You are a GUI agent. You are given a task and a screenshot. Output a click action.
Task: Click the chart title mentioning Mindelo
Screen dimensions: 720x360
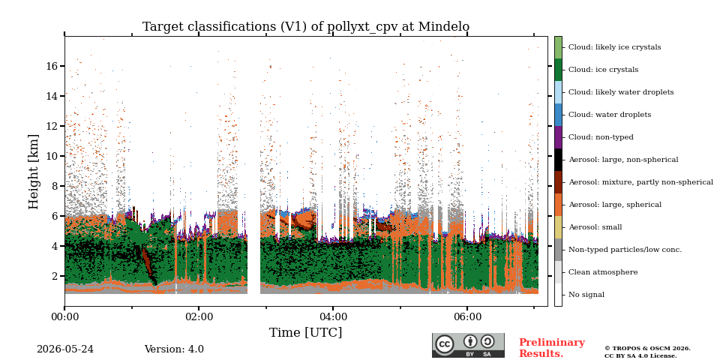coord(306,27)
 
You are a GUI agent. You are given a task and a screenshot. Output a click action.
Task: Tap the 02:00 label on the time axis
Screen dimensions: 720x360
coord(199,316)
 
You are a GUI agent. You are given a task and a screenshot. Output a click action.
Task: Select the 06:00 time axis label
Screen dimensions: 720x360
coord(467,316)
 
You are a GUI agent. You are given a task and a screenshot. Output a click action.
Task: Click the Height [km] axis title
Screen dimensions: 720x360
coord(34,172)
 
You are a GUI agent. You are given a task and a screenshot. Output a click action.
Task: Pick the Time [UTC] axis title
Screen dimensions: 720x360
coord(306,332)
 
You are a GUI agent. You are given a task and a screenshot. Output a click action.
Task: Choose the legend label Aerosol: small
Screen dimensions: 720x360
coord(595,227)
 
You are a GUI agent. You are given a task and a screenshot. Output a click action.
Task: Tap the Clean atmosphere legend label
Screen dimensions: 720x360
coord(603,272)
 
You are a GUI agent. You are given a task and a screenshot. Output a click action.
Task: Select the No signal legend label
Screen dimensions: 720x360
coord(586,295)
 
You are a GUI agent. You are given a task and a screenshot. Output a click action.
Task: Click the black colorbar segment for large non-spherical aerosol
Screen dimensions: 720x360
coord(558,160)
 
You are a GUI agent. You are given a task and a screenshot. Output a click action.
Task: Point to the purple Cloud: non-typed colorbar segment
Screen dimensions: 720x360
coord(558,137)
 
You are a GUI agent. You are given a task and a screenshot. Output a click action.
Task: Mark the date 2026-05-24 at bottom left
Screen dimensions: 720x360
coord(65,349)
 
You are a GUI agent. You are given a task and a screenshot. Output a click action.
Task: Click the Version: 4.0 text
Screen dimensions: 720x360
coord(174,349)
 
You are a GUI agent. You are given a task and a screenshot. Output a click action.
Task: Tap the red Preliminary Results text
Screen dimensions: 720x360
coord(552,348)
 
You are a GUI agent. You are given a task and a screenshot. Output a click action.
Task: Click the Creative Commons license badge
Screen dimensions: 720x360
coord(468,345)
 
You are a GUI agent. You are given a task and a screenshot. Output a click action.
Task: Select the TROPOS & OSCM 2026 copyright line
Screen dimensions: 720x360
coord(647,349)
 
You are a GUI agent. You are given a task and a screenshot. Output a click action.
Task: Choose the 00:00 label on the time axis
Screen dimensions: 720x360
coord(64,316)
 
